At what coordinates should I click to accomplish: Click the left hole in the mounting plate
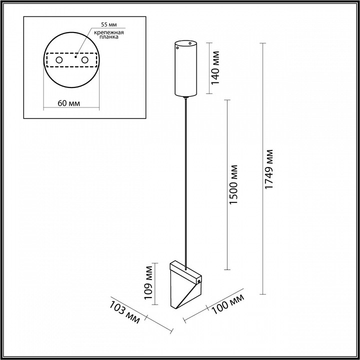point(58,60)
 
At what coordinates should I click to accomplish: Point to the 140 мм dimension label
point(216,69)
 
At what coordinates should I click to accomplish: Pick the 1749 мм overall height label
point(269,169)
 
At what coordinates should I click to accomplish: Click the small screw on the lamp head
point(199,282)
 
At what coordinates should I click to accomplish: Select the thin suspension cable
point(187,175)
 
